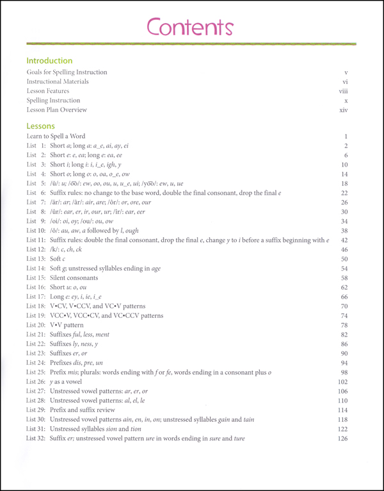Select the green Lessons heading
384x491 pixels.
(41, 126)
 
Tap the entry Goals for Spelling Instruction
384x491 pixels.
(67, 72)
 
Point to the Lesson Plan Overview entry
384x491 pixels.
(57, 110)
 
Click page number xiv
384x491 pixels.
(342, 110)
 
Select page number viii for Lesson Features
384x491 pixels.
(342, 91)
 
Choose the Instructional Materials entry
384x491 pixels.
(58, 82)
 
